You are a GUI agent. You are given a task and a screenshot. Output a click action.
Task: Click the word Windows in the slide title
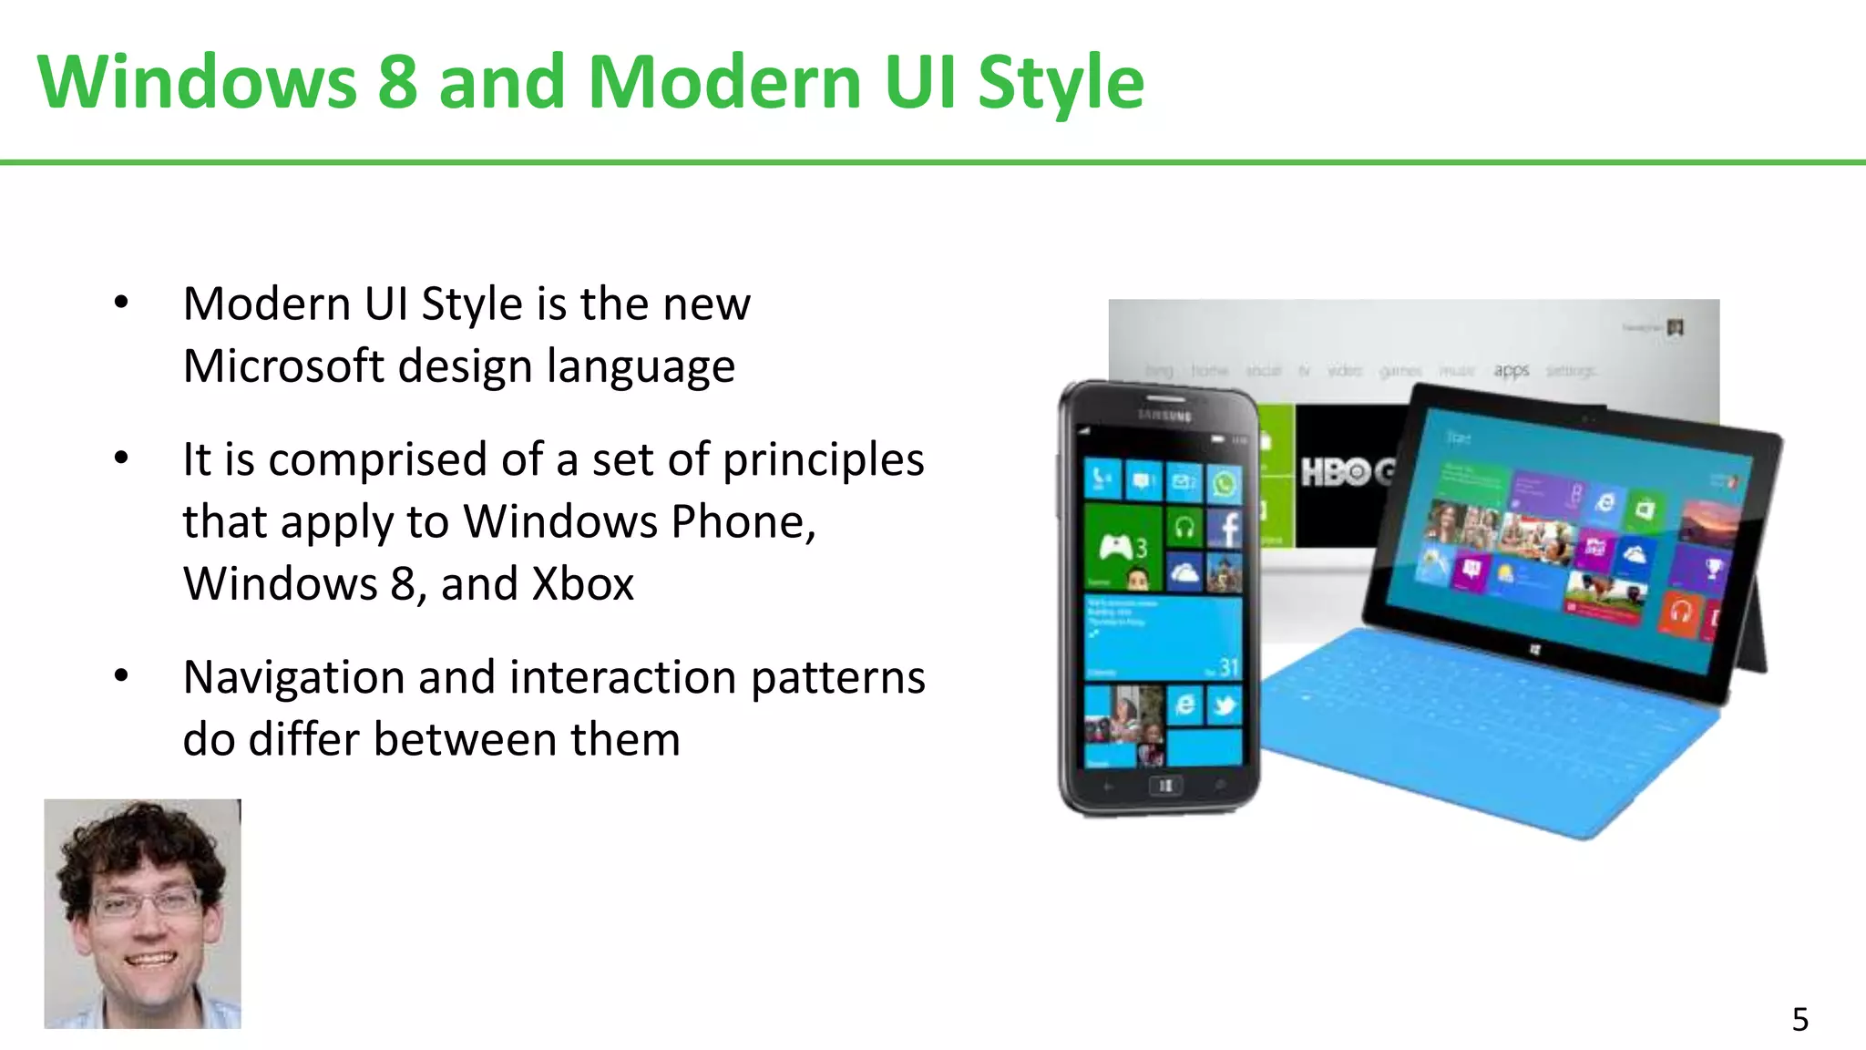coord(197,82)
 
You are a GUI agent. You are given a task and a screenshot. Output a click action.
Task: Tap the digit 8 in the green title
coord(397,82)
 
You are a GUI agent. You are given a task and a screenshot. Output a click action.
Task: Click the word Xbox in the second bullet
coord(583,584)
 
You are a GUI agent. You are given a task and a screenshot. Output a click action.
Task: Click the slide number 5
coord(1799,1019)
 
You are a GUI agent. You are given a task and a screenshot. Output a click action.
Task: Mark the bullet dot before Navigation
coord(121,676)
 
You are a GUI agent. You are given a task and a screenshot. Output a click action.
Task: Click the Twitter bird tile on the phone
coord(1225,705)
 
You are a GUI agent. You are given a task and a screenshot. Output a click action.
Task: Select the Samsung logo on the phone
coord(1164,416)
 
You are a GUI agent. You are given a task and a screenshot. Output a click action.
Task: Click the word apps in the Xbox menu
coord(1511,370)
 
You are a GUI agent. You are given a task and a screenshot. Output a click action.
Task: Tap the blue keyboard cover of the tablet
coord(1476,729)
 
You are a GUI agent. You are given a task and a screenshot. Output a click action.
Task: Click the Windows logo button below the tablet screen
coord(1534,650)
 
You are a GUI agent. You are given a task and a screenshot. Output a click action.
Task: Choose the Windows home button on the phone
coord(1164,786)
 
